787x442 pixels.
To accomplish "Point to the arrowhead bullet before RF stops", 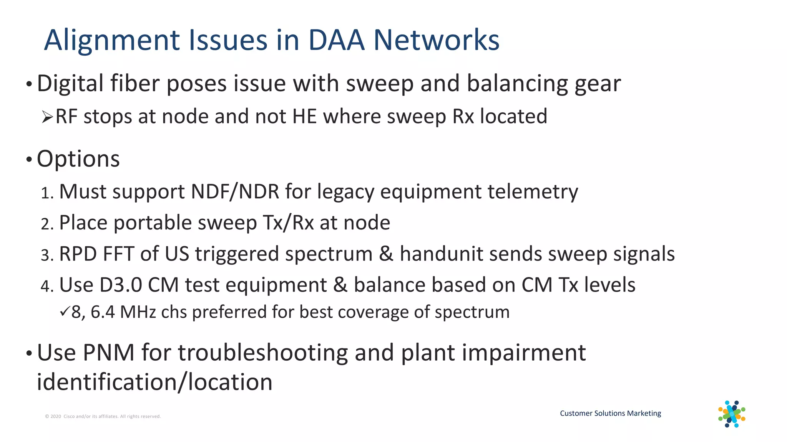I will pos(47,117).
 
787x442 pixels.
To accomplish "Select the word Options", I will pos(78,159).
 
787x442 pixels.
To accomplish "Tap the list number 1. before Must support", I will pos(47,193).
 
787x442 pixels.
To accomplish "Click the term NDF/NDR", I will pos(235,191).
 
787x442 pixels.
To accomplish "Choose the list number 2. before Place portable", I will pos(47,224).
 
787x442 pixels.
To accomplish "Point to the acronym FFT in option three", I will pos(118,254).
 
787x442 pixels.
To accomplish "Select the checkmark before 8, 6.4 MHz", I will pos(65,312).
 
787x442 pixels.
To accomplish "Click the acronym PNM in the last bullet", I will pos(108,353).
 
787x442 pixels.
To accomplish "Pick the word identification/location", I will pos(154,383).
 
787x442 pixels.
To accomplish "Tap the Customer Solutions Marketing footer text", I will pos(610,413).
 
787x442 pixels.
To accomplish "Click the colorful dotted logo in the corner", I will pos(732,414).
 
